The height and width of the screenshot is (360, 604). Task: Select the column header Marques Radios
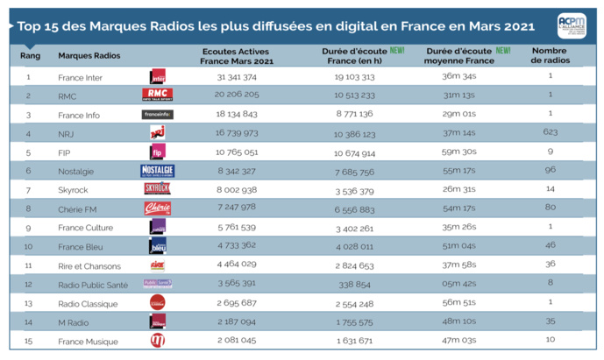tap(89, 55)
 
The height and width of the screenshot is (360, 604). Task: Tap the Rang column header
tap(28, 55)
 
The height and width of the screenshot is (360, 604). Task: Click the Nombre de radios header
tap(550, 55)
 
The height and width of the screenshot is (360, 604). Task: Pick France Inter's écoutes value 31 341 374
tap(237, 77)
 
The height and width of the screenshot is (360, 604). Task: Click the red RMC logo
tap(157, 95)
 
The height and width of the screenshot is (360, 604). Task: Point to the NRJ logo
tap(157, 132)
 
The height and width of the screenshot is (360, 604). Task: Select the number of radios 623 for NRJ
tap(551, 133)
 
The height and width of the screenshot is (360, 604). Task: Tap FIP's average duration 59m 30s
tap(458, 152)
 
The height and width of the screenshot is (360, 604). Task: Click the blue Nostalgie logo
tap(157, 171)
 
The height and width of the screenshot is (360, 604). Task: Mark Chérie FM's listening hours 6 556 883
tap(354, 209)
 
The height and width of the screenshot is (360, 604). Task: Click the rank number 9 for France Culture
tap(28, 228)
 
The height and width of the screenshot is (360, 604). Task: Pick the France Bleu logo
tap(158, 246)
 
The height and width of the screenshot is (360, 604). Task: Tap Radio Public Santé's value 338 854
tap(354, 285)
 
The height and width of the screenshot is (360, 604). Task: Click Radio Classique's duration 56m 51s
tap(458, 303)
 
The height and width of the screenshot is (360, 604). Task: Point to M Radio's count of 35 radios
tap(551, 321)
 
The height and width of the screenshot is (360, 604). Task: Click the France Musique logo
tap(158, 341)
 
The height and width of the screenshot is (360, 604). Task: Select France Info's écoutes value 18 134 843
tap(237, 114)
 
